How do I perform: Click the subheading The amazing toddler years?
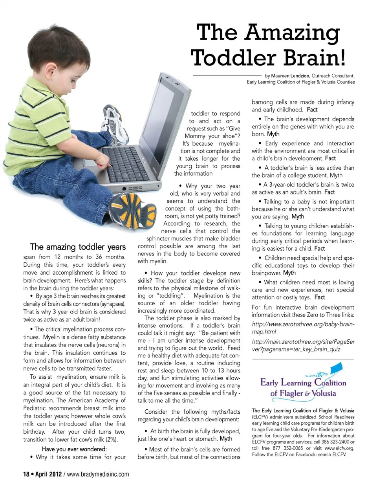point(78,247)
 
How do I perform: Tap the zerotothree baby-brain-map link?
point(303,328)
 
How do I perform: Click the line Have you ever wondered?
point(74,449)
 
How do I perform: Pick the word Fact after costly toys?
point(320,297)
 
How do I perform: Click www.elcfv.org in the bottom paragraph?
point(339,447)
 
